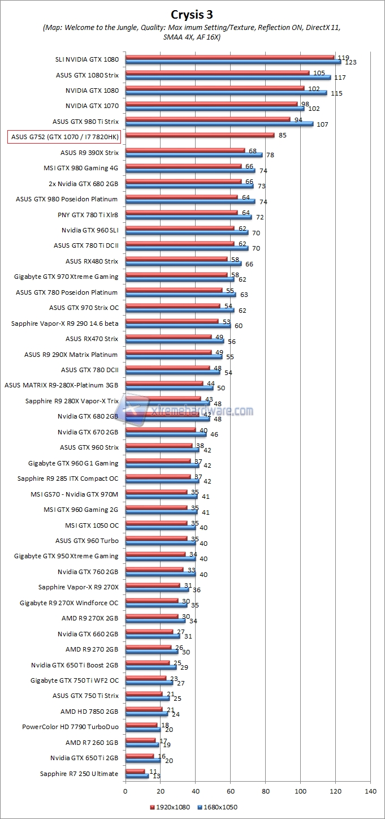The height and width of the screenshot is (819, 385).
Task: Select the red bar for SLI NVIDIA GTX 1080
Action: tap(230, 57)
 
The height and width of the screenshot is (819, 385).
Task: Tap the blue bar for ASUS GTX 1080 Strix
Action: tap(228, 77)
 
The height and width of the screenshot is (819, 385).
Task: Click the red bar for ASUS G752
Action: tap(200, 135)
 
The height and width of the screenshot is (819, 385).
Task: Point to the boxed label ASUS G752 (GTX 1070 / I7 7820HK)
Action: tap(64, 137)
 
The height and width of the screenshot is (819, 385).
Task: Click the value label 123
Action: tap(351, 62)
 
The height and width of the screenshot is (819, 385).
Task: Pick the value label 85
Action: tap(282, 135)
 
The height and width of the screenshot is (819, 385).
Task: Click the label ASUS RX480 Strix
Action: tap(92, 261)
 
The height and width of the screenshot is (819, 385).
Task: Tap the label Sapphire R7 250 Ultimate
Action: tap(79, 774)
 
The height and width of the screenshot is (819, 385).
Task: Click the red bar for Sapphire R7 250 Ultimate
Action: tap(135, 771)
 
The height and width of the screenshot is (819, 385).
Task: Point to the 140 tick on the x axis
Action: tap(370, 791)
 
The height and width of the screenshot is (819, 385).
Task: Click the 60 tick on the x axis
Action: tap(230, 791)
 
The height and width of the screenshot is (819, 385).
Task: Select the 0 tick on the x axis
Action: tap(126, 791)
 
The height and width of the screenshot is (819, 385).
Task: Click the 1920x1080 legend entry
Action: tap(170, 808)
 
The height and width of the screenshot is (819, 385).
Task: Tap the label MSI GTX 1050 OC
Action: tap(92, 525)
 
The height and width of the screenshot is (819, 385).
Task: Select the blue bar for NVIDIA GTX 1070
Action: tap(215, 108)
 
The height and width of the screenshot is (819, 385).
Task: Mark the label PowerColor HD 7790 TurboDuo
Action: tap(70, 727)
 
